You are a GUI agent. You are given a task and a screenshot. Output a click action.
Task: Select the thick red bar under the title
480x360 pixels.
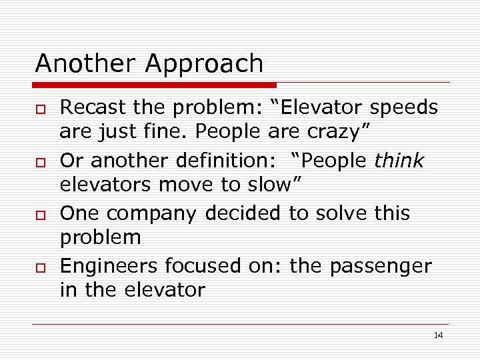(155, 85)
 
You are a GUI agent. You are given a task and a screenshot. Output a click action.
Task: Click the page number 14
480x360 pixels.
(438, 335)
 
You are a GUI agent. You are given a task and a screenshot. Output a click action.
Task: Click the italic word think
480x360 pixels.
(399, 161)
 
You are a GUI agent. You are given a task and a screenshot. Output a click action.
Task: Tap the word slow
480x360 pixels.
(266, 184)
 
